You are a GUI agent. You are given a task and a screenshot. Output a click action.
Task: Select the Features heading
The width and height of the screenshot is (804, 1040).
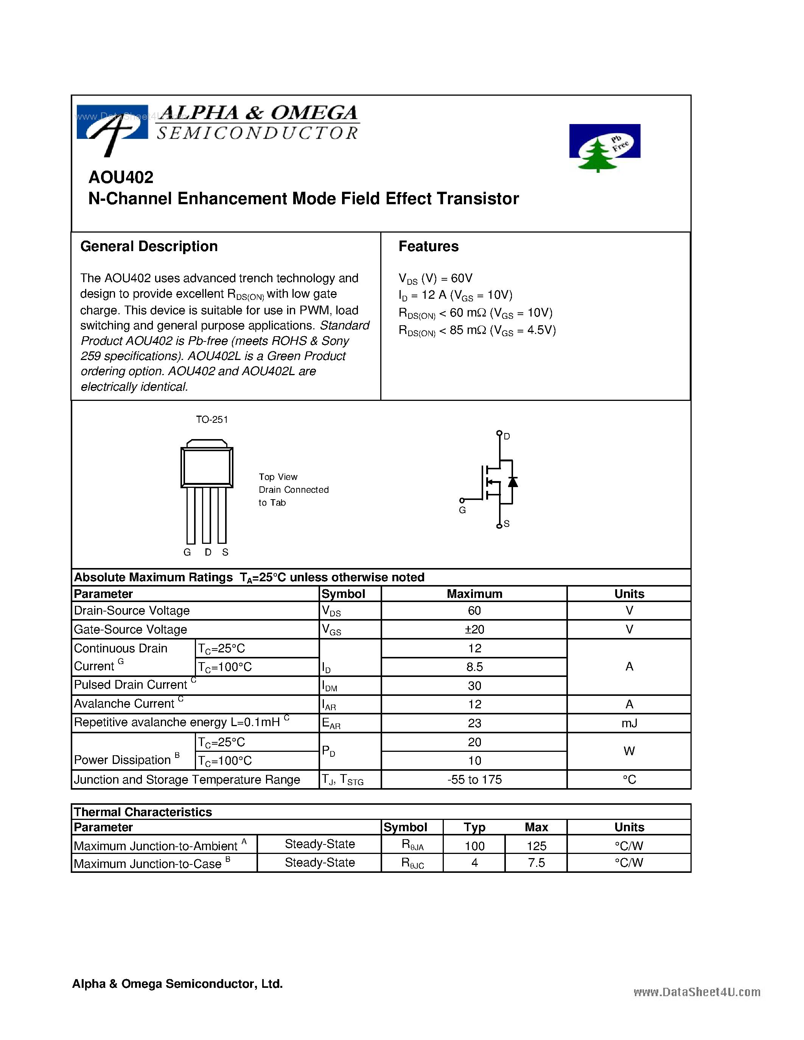coord(428,246)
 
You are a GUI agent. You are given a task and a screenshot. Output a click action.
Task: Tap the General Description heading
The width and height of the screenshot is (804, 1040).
coord(149,246)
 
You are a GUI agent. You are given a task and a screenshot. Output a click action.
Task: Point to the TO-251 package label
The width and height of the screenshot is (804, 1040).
coord(212,419)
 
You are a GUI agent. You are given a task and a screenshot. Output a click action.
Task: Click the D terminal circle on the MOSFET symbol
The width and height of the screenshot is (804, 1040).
coord(499,433)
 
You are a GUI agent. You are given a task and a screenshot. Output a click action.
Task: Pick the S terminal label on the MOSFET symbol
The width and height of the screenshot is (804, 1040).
coord(506,524)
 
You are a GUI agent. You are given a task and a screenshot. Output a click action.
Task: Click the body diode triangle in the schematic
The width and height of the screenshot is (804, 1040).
coord(513,482)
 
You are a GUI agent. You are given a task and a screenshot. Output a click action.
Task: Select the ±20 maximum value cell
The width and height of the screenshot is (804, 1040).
coord(474,630)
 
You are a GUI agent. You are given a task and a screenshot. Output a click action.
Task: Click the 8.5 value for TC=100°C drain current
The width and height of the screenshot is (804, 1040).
coord(474,667)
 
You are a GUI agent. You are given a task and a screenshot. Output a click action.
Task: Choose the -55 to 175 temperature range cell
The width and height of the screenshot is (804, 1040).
coord(474,779)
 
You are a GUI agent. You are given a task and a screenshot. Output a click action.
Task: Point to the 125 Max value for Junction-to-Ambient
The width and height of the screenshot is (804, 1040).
coord(537,846)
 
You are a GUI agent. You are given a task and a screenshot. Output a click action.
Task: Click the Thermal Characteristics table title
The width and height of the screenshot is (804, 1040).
coord(143,812)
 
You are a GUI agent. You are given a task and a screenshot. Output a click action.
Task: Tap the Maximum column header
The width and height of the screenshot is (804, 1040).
coord(474,594)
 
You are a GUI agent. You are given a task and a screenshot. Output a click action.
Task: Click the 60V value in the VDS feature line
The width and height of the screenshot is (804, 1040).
coord(462,278)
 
